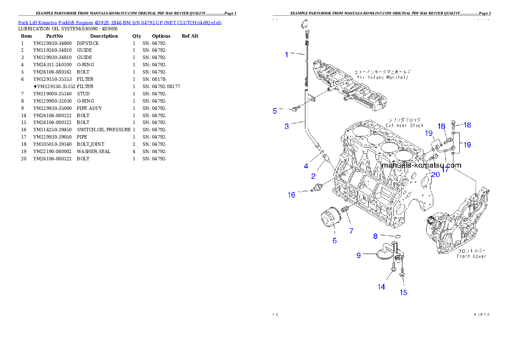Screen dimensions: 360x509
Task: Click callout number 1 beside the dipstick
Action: tap(287, 54)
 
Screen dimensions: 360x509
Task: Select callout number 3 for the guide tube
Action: tap(287, 126)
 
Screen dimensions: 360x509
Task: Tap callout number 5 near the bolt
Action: tap(275, 111)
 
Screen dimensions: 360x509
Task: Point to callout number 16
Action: tap(292, 195)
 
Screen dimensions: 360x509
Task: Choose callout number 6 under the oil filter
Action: tap(334, 241)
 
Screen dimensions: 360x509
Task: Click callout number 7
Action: tap(351, 231)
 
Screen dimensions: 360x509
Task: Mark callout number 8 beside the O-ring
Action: tap(375, 236)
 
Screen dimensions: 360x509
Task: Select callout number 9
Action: tap(359, 256)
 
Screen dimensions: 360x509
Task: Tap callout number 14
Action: tap(381, 287)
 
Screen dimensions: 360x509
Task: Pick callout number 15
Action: tap(403, 292)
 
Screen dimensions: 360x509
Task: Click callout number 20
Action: tap(435, 174)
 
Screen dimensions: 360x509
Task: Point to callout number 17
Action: tap(445, 170)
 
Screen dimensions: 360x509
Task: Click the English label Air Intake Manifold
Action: tap(382, 77)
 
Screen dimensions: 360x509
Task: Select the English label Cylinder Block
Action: tap(404, 125)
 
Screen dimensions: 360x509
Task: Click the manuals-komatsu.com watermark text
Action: tap(421, 165)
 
